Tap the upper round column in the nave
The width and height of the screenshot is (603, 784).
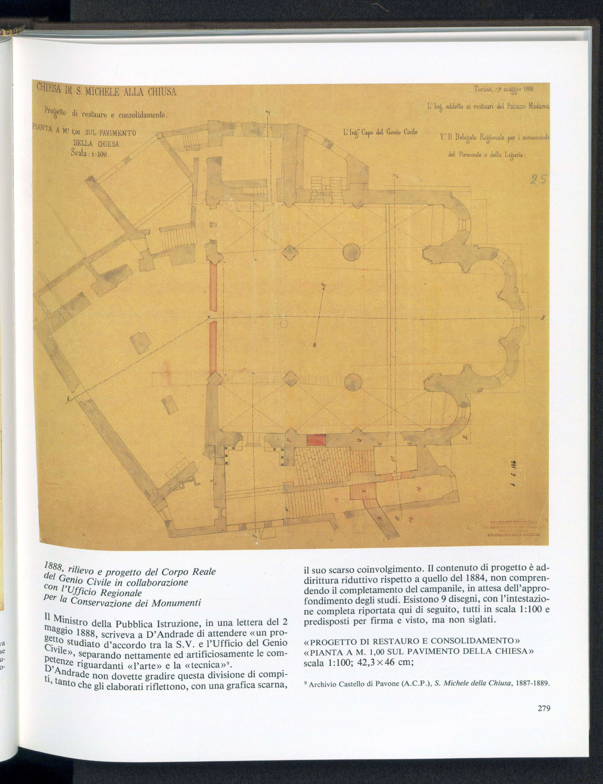pos(351,253)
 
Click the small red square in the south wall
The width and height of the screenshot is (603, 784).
pos(316,440)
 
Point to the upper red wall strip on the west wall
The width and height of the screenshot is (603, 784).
pos(213,287)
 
